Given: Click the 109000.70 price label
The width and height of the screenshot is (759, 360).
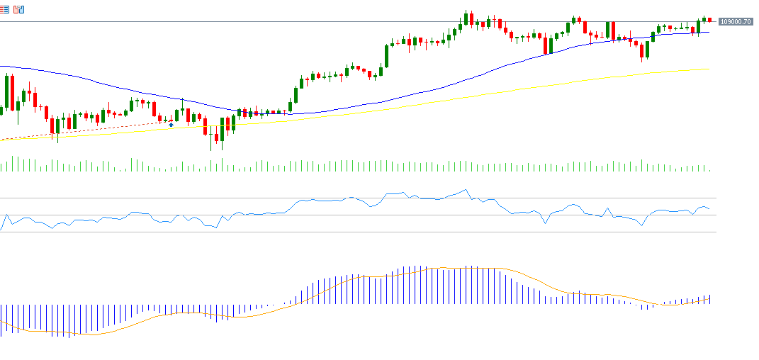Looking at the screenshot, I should [735, 22].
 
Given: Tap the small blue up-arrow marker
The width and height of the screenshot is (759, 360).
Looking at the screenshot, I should [171, 124].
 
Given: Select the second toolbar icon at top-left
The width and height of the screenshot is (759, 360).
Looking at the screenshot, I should [19, 9].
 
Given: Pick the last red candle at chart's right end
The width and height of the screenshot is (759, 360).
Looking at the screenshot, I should [709, 19].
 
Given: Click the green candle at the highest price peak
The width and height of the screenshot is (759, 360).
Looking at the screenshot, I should [466, 18].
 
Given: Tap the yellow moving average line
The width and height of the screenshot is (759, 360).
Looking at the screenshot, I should [425, 102].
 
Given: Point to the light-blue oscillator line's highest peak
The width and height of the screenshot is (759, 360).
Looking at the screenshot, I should [465, 189].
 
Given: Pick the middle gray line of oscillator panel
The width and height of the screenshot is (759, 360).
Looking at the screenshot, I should [354, 215].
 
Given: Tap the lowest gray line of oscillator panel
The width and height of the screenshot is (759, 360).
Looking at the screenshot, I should [354, 232].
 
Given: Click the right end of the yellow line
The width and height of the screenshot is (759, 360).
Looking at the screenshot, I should [708, 69].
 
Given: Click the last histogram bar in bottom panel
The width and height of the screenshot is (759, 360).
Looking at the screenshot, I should [709, 300].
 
